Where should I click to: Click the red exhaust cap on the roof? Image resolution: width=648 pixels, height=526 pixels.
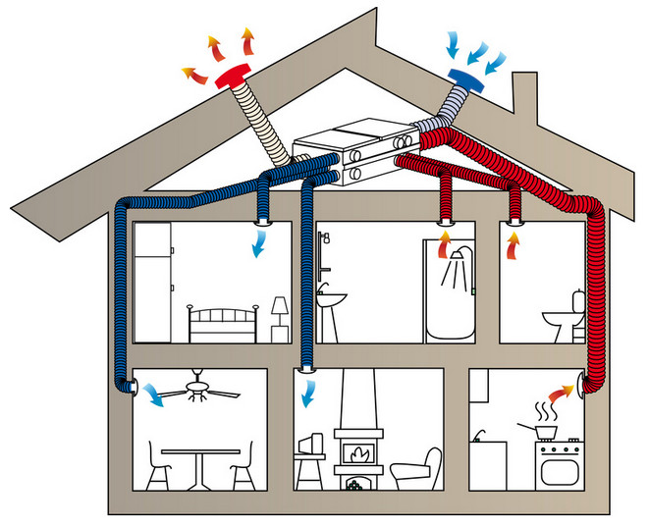pos(235,76)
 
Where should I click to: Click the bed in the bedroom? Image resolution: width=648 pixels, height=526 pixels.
pos(222,323)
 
